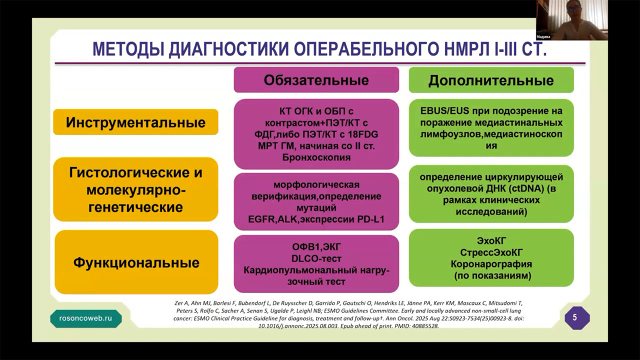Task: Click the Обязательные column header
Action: click(x=316, y=80)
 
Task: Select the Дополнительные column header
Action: click(x=491, y=80)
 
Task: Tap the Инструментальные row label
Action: click(x=135, y=122)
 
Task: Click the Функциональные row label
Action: click(x=136, y=262)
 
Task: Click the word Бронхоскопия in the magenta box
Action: click(x=316, y=157)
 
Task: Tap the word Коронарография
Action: click(x=491, y=264)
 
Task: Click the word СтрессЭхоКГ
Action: click(x=491, y=252)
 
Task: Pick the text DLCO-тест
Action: click(x=316, y=258)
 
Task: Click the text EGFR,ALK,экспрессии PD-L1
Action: click(x=316, y=218)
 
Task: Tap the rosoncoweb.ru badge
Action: click(x=85, y=318)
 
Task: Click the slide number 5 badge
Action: click(x=574, y=317)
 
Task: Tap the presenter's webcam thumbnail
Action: click(x=571, y=20)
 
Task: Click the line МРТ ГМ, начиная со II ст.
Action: click(x=316, y=146)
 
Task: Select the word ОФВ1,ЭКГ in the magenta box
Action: click(x=316, y=246)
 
